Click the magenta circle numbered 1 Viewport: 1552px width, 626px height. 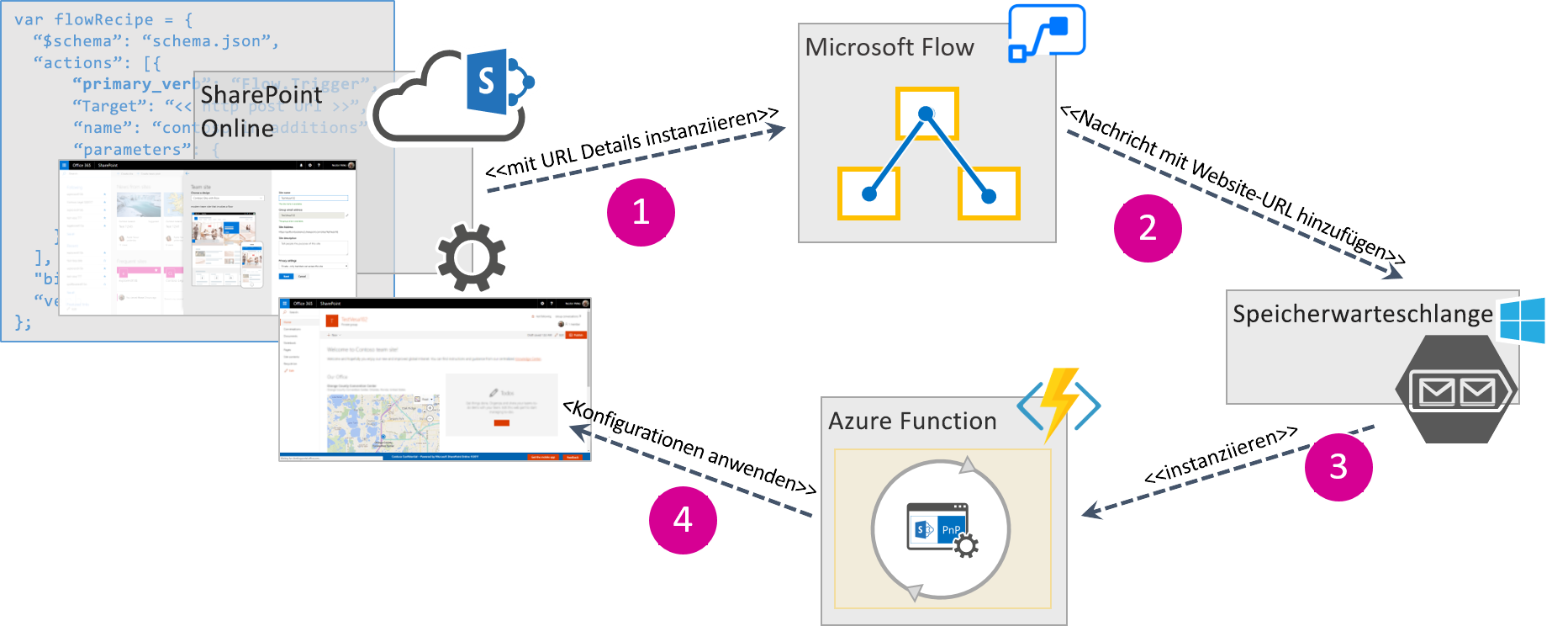click(641, 212)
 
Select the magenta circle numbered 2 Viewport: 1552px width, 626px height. click(1148, 228)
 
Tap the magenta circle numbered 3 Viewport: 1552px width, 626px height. click(1338, 467)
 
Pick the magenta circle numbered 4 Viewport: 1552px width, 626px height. click(683, 520)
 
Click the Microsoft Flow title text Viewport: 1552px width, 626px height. click(889, 48)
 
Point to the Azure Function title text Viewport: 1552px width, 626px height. click(912, 421)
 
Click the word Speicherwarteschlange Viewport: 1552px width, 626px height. click(1362, 314)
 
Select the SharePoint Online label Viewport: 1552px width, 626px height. click(261, 111)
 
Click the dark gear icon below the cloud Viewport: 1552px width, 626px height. click(471, 257)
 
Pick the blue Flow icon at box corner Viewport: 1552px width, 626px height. click(1047, 32)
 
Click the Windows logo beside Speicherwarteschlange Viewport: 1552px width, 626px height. click(1523, 321)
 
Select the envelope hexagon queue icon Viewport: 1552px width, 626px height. click(1456, 390)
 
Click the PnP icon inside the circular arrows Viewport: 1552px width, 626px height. click(942, 530)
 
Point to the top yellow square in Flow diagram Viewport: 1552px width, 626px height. click(926, 114)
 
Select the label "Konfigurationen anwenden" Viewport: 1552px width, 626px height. click(689, 447)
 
